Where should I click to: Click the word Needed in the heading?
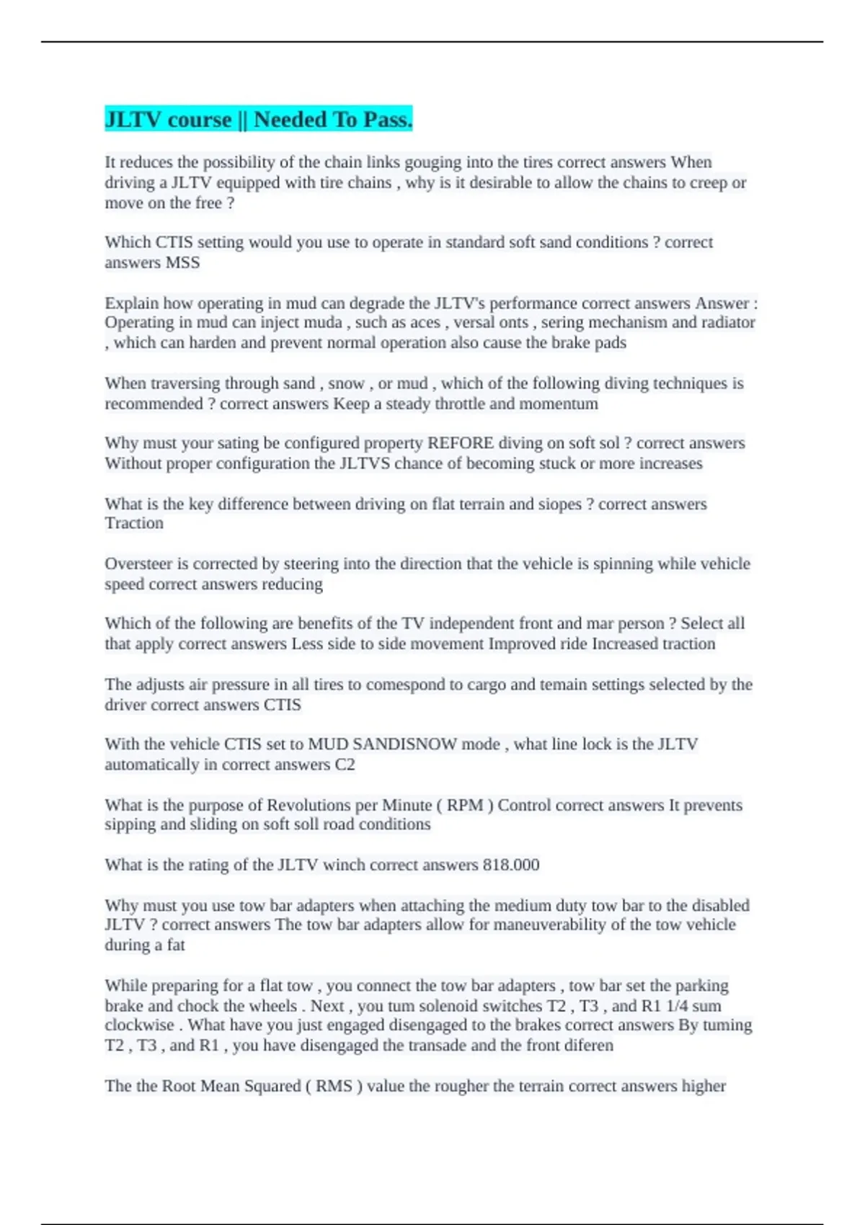(290, 120)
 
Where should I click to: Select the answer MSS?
(182, 262)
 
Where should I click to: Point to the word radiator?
(725, 322)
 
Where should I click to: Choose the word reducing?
(292, 584)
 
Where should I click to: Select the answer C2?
(345, 765)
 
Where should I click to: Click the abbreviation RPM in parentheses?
(465, 805)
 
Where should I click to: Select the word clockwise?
(139, 1025)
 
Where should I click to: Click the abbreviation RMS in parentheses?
(334, 1086)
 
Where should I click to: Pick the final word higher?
(703, 1086)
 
